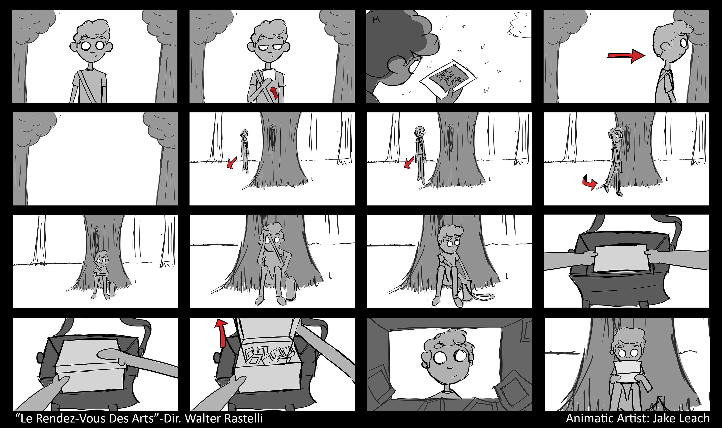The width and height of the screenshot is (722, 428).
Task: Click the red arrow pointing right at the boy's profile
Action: pyautogui.click(x=626, y=55)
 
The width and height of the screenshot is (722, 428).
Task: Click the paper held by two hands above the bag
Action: pyautogui.click(x=621, y=258)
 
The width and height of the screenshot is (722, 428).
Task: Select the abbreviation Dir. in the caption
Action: pyautogui.click(x=173, y=418)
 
